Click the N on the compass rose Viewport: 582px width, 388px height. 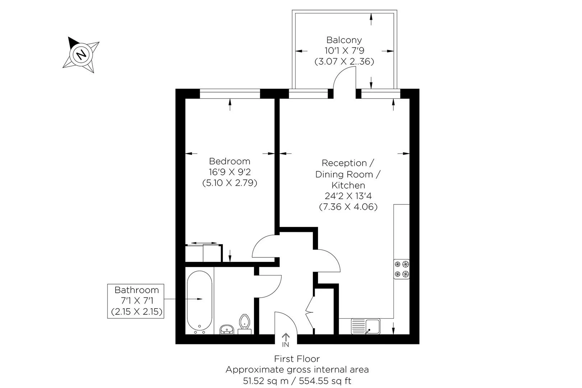81,55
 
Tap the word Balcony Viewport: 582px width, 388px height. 344,40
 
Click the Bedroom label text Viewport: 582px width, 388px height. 230,161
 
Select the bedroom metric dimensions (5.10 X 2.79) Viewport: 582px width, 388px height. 230,183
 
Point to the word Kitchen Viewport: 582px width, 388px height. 348,185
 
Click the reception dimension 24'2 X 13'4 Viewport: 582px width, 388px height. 348,196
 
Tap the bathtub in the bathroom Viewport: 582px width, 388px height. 199,302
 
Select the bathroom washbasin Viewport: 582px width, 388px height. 227,329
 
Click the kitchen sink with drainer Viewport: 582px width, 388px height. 365,326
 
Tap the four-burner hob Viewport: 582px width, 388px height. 402,269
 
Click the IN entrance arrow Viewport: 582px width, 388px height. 286,339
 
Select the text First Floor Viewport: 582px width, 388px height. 297,359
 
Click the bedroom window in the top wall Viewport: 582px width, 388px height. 230,94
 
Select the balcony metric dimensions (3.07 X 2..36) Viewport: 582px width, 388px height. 344,61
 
